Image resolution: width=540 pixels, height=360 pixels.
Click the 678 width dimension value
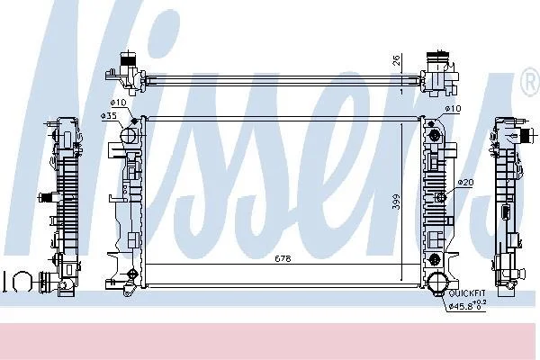[283, 258]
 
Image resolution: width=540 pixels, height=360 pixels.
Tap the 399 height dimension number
[397, 202]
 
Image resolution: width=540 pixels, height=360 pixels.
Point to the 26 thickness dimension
[396, 60]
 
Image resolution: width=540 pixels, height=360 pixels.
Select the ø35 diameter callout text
[109, 116]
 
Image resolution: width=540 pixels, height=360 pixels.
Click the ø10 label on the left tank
[119, 103]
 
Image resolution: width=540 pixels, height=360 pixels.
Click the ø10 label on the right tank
[453, 109]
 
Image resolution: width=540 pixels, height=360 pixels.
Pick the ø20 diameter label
[465, 182]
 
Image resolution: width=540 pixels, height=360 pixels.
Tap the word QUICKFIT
[467, 293]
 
